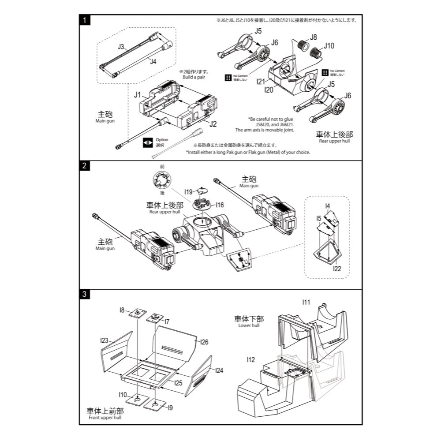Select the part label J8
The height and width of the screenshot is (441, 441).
click(x=313, y=37)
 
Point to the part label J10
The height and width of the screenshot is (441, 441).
click(x=329, y=45)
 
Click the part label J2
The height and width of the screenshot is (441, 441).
click(x=213, y=124)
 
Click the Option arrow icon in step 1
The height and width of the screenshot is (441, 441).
click(x=147, y=142)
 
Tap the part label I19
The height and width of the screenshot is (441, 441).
click(x=189, y=192)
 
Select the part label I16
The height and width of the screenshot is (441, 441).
click(x=220, y=205)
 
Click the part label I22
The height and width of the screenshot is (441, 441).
click(x=337, y=268)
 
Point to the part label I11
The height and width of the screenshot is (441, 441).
click(x=306, y=302)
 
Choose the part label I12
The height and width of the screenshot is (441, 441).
click(x=250, y=360)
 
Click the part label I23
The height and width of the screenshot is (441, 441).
click(x=104, y=340)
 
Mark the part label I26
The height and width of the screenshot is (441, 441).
click(x=204, y=342)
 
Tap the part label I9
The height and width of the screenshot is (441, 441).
click(x=171, y=407)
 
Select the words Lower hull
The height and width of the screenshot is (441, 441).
click(x=249, y=325)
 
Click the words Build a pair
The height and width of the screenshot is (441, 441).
click(x=194, y=77)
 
